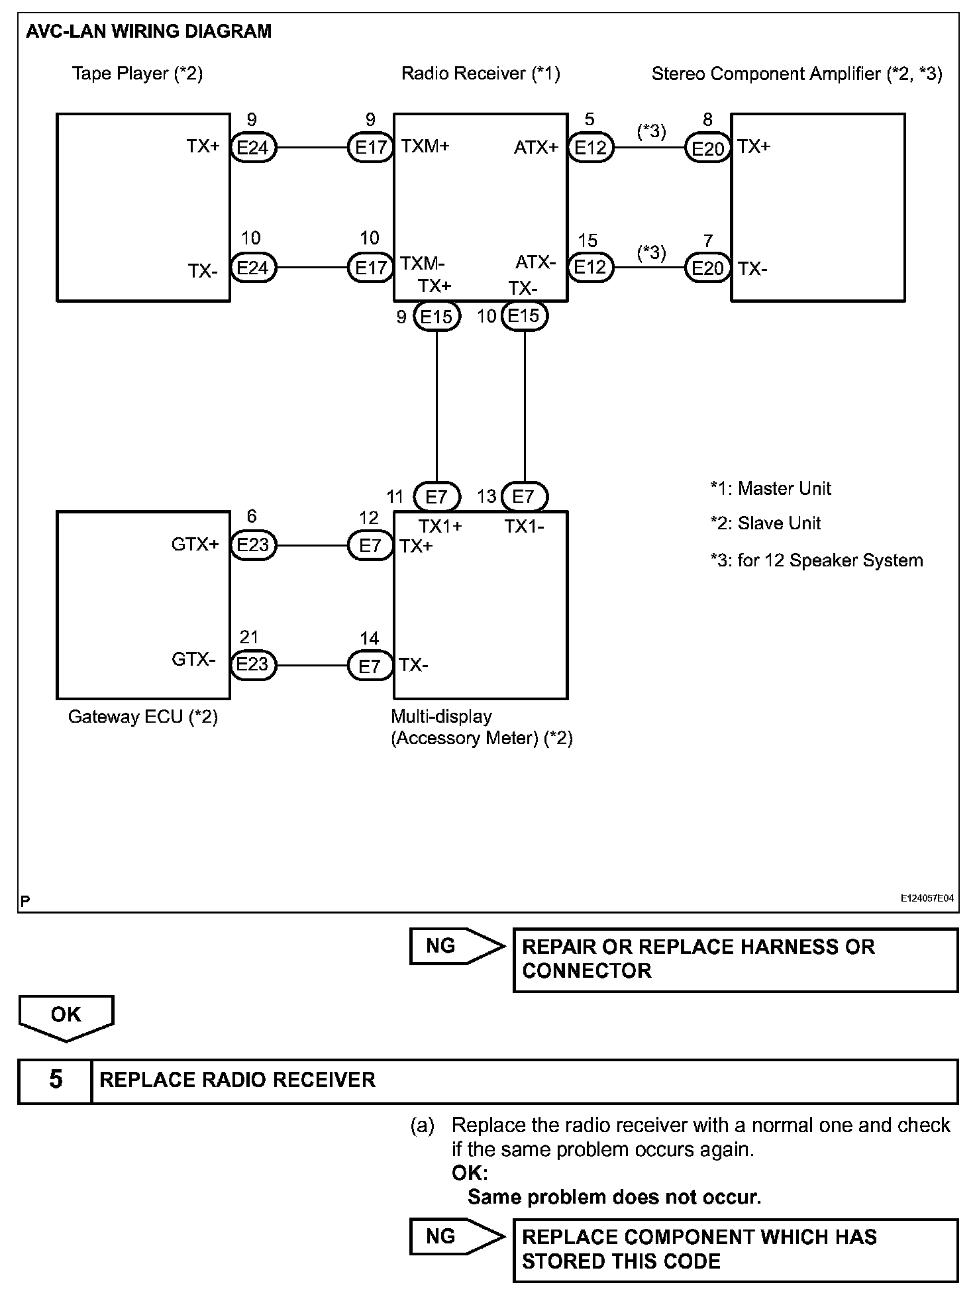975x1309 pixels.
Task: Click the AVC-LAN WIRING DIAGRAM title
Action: point(148,32)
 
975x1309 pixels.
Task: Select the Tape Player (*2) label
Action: point(137,74)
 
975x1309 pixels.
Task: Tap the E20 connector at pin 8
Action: point(707,148)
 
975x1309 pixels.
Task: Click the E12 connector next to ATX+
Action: point(590,148)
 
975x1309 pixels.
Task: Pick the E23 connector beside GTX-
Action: point(252,664)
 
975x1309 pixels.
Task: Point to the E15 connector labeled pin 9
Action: point(436,317)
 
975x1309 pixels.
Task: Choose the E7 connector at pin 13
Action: point(523,496)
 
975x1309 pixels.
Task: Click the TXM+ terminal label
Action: point(425,146)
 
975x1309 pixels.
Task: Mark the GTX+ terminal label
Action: point(195,545)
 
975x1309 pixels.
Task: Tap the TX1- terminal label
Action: point(524,527)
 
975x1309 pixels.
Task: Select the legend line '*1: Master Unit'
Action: point(770,489)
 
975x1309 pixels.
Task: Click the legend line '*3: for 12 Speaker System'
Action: point(816,560)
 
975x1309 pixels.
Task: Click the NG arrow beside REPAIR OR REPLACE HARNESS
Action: point(456,946)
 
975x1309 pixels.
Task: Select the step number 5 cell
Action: point(55,1080)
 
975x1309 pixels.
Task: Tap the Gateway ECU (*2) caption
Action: point(143,717)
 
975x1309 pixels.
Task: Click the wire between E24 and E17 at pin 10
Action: point(311,268)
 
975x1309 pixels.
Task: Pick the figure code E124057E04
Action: point(927,898)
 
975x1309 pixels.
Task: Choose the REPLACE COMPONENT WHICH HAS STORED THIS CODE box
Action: point(735,1249)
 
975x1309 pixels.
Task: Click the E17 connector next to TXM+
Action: point(370,148)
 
